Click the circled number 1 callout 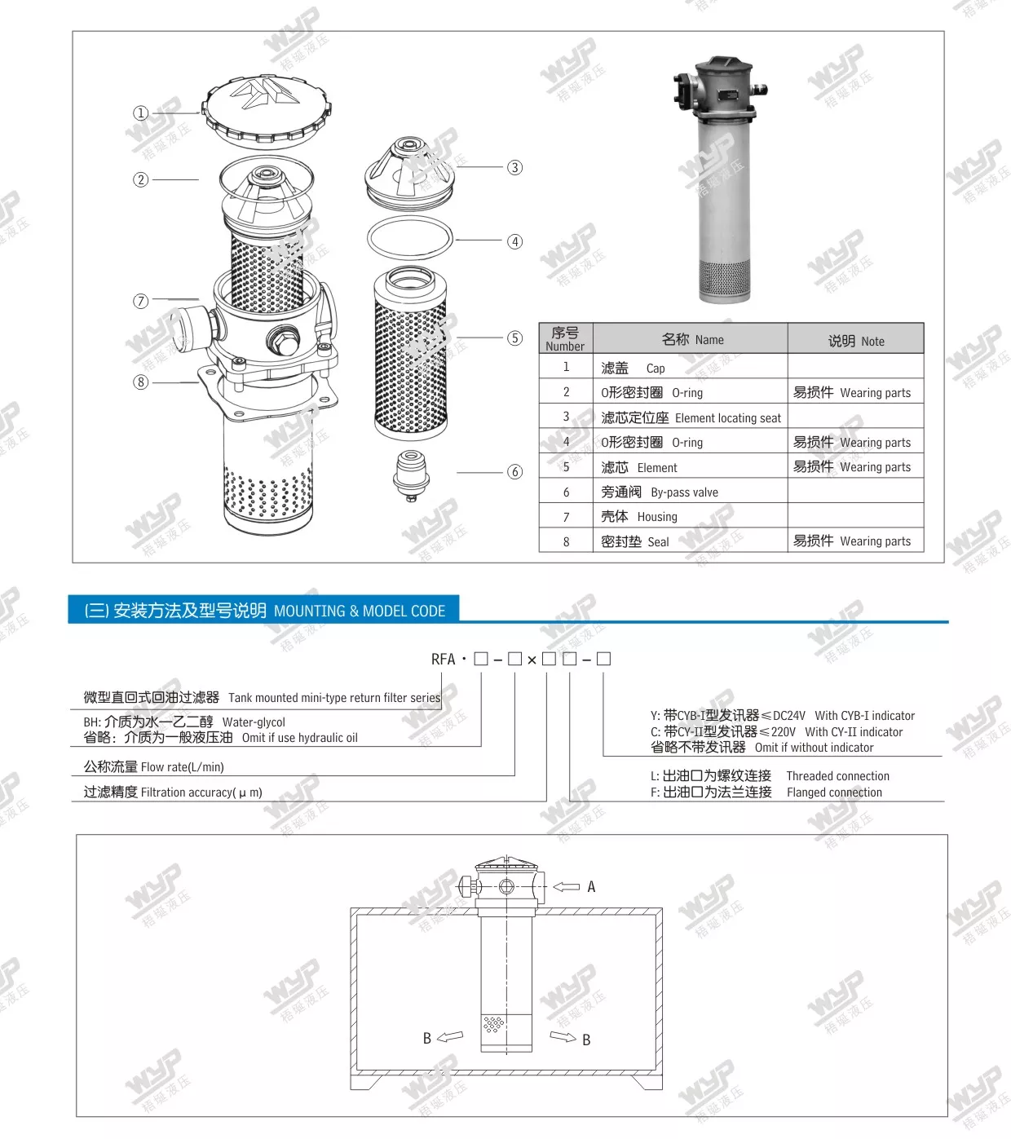[x=141, y=113]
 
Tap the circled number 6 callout [x=514, y=472]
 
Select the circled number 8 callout [x=141, y=382]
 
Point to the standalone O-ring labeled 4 [x=409, y=238]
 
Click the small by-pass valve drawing [x=412, y=474]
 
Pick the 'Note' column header [x=855, y=341]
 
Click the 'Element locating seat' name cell [x=690, y=417]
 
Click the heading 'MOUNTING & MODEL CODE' [x=359, y=611]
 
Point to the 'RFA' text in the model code [x=443, y=659]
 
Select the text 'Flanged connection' [x=834, y=792]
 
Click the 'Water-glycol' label [x=254, y=722]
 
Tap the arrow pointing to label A [x=566, y=886]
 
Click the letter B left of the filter [x=426, y=1038]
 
